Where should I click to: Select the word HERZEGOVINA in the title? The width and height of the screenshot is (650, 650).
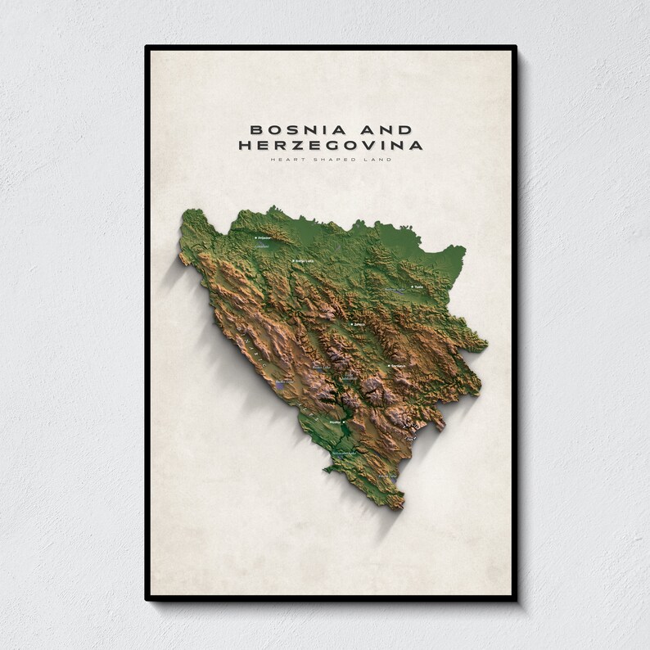331,146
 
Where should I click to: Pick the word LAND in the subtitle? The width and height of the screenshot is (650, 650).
374,159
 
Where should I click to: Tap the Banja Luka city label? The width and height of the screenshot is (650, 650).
305,261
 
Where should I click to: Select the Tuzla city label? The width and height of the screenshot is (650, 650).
419,287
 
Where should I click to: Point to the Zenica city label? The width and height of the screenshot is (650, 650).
359,325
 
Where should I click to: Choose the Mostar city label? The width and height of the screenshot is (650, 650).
334,422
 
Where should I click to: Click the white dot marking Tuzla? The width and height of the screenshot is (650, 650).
412,287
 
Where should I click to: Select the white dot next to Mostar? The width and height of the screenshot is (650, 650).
326,422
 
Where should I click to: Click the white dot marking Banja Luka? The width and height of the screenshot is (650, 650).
294,261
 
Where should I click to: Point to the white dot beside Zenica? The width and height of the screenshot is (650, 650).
351,325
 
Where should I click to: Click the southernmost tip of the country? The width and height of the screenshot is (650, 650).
400,508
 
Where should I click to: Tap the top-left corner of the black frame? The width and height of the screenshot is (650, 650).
147,47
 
